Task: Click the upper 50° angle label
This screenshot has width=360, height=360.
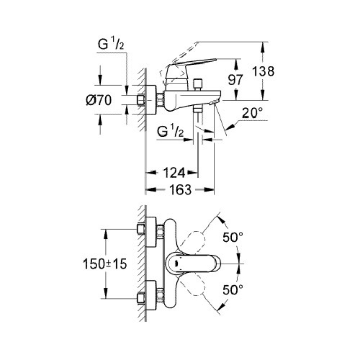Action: tap(234, 237)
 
